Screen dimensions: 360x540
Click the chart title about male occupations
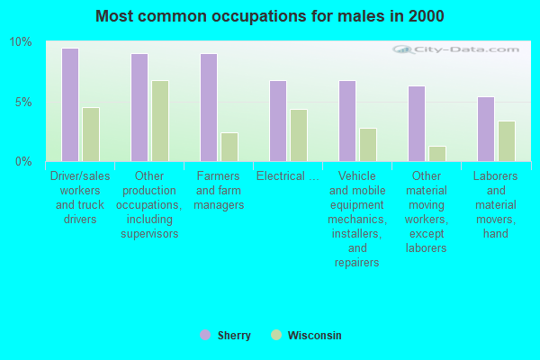tap(269, 16)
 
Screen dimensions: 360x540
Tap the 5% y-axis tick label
tap(22, 102)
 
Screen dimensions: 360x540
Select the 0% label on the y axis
tap(22, 161)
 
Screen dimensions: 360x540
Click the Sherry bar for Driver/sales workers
tap(69, 104)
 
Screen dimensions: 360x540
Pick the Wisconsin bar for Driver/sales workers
tap(91, 134)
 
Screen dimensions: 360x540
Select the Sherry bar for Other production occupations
tap(139, 107)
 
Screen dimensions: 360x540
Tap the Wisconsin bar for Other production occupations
tap(160, 121)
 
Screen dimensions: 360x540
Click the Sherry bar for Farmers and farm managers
tap(208, 107)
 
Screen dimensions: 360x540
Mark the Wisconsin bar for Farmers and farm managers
tap(229, 147)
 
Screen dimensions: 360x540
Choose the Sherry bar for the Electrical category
tap(278, 121)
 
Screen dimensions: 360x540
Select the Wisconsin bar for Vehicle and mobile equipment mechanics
tap(368, 144)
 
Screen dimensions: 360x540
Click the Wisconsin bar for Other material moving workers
tap(437, 153)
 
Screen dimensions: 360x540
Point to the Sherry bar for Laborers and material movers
tap(486, 129)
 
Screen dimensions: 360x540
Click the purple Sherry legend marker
tap(204, 335)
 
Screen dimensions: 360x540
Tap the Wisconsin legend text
tap(314, 336)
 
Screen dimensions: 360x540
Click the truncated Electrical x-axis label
tap(287, 176)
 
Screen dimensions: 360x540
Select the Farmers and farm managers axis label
tap(219, 191)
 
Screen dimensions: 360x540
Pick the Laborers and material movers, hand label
tap(495, 205)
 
